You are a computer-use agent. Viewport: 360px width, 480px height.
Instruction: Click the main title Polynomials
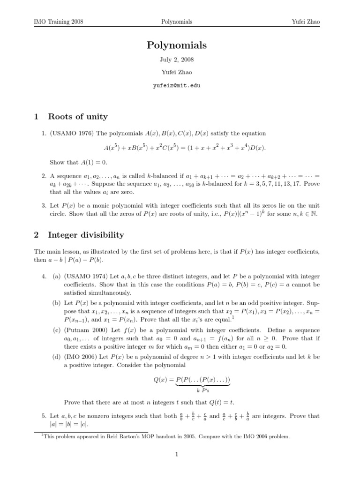(x=177, y=45)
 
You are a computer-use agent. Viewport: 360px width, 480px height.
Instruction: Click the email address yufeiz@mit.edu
(x=177, y=86)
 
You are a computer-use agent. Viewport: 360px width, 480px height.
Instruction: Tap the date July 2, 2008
(x=177, y=60)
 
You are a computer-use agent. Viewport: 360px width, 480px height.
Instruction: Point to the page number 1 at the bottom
(x=177, y=454)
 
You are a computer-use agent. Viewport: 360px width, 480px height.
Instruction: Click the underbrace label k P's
(x=203, y=389)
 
